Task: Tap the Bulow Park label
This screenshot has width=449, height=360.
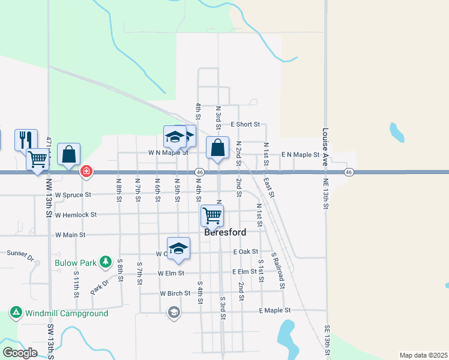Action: (x=76, y=262)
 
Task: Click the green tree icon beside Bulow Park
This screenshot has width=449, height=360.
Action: (x=106, y=262)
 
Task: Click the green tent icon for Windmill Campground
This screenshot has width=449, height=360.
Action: (x=16, y=313)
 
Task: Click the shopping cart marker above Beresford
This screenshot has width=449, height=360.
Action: (x=212, y=214)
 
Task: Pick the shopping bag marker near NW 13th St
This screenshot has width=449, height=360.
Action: (x=70, y=154)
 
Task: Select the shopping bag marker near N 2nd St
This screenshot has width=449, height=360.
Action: (x=217, y=147)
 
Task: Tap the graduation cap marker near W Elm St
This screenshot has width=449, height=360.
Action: (x=178, y=248)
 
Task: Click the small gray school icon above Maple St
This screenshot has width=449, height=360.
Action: (x=173, y=311)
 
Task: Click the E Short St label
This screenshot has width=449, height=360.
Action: (x=245, y=125)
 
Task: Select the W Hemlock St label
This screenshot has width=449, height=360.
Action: (x=76, y=215)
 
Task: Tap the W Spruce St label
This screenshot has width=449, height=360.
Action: (x=73, y=195)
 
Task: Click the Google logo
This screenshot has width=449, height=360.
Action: (x=20, y=353)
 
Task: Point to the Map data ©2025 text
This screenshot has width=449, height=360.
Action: (x=423, y=355)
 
